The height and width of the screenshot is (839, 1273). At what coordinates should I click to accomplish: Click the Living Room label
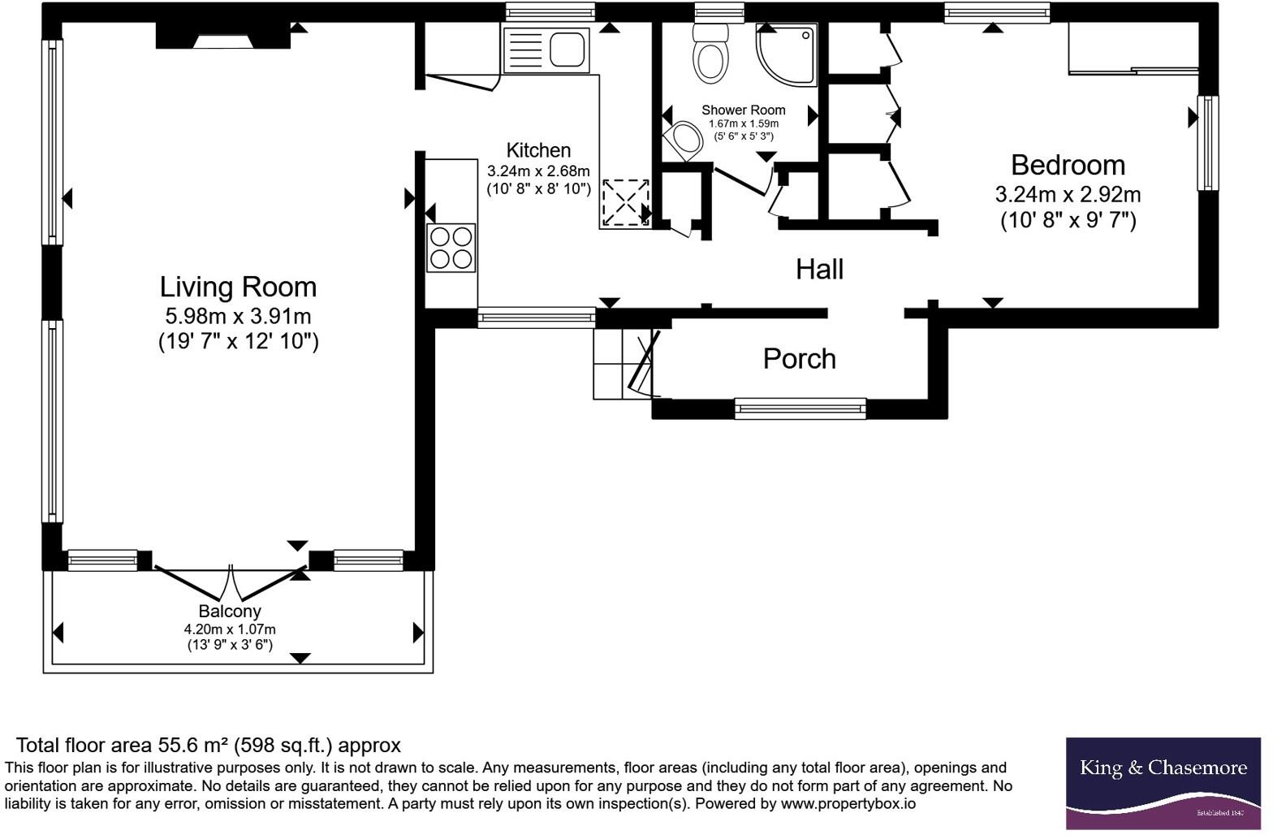[x=238, y=287]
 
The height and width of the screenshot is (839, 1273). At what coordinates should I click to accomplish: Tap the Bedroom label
[x=1068, y=166]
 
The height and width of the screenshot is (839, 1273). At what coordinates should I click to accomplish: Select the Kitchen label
[x=538, y=150]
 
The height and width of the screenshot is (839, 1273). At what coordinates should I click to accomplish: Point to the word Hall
[x=819, y=270]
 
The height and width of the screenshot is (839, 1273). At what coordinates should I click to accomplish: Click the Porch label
[x=799, y=359]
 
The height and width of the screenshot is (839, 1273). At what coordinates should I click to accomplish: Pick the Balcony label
[x=230, y=612]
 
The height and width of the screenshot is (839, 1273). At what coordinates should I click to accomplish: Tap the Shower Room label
[x=744, y=110]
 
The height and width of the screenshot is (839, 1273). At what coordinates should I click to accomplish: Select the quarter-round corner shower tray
[x=787, y=55]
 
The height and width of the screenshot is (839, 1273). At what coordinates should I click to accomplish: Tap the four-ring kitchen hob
[x=451, y=248]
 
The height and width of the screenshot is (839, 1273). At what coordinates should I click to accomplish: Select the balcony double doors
[x=231, y=582]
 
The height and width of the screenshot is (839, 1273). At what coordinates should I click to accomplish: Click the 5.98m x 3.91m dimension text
[x=238, y=316]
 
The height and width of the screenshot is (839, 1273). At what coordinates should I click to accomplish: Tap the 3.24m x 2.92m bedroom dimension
[x=1068, y=195]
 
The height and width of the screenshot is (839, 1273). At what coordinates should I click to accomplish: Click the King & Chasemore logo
[x=1163, y=783]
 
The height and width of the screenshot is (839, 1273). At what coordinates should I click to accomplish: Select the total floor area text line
[x=209, y=746]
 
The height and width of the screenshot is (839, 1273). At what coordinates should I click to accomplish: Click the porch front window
[x=800, y=409]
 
